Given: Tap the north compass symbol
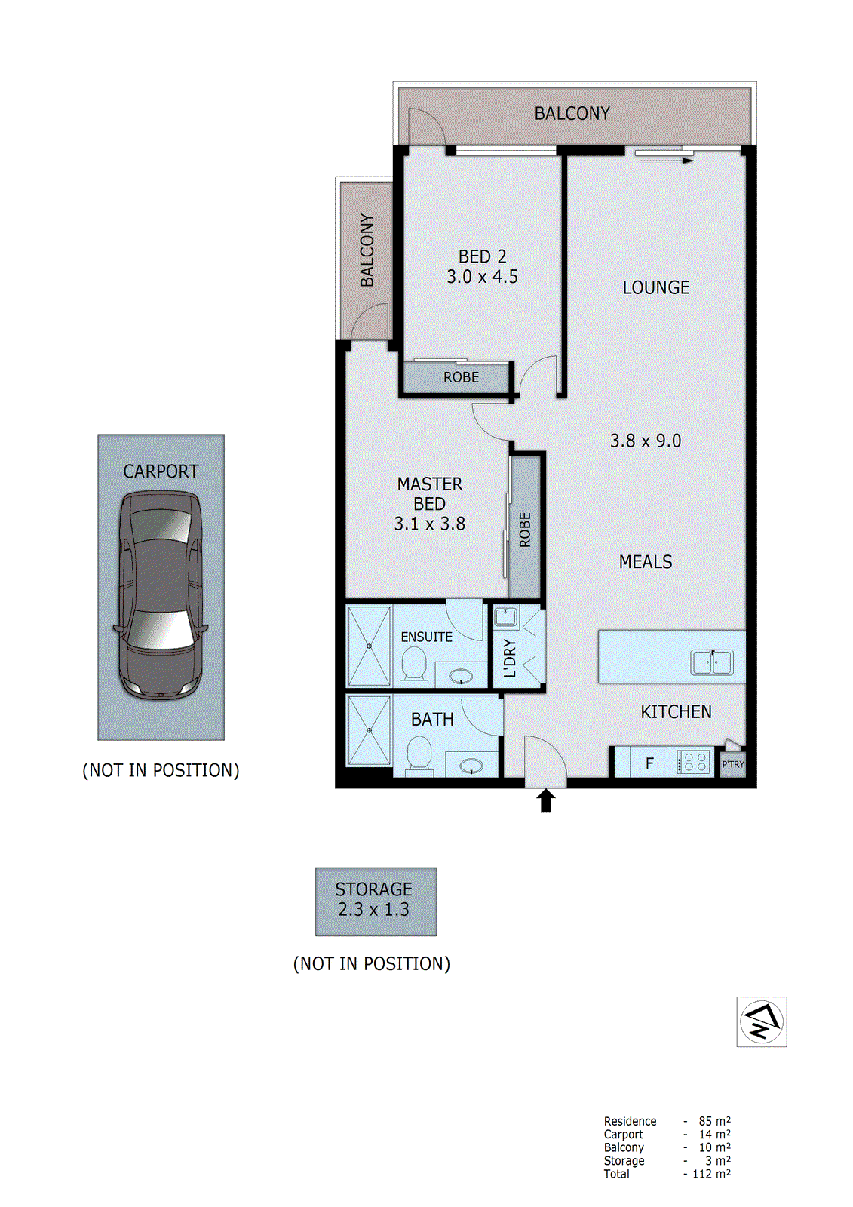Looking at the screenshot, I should [762, 1021].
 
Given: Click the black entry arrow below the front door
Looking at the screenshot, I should [546, 801].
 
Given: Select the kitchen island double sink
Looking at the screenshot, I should [712, 662].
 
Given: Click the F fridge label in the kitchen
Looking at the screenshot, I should [649, 763].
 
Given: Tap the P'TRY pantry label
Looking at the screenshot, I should [733, 764].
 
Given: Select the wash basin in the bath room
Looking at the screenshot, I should [472, 766].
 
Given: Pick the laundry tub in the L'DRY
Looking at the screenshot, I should [505, 617].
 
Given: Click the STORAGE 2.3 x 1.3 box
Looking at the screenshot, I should [375, 900].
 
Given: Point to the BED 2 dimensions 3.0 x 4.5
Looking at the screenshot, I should [482, 277].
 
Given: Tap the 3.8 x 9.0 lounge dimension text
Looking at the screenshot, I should [646, 441].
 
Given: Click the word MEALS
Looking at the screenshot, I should [646, 562].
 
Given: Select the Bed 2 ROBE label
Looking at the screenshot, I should [461, 377].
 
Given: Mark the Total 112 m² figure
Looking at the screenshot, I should [711, 1174].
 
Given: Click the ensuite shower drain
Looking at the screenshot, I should [370, 646].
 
